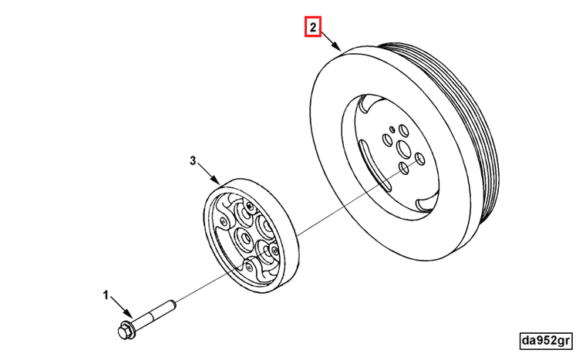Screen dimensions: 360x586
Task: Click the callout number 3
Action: click(194, 161)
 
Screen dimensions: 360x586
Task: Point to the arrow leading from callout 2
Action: click(331, 40)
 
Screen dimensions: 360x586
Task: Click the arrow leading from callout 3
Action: click(210, 173)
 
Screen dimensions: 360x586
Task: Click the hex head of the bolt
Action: click(123, 331)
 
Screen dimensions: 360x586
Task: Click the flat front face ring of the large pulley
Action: click(332, 154)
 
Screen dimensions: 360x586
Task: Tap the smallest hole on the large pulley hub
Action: click(392, 130)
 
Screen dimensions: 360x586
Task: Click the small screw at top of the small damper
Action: click(251, 206)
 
